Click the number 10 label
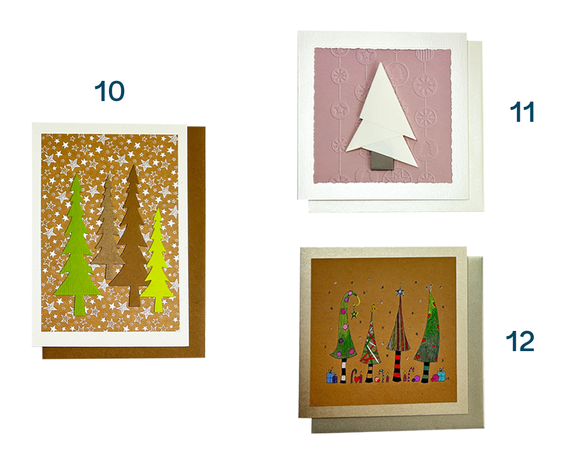point(109,91)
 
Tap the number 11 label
point(522,112)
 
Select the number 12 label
point(520,341)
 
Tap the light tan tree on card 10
point(107,229)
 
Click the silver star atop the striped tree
point(400,292)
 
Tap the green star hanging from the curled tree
point(354,314)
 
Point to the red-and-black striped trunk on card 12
point(398,366)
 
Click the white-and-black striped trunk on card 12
point(343,370)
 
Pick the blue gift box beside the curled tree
point(332,377)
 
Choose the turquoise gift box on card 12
point(440,375)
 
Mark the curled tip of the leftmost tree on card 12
point(353,295)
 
